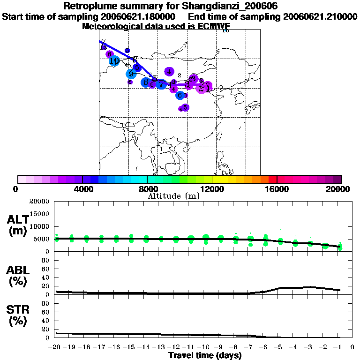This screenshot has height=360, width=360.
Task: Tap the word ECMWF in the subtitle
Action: (209, 26)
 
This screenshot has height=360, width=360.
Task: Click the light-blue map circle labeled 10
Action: (114, 60)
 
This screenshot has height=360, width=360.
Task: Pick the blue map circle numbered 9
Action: (131, 74)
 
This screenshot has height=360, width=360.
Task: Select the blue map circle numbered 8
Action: (146, 82)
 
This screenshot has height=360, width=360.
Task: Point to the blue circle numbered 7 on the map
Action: (161, 84)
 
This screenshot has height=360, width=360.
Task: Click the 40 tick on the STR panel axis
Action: (46, 321)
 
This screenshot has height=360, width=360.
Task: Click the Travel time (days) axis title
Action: (205, 355)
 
